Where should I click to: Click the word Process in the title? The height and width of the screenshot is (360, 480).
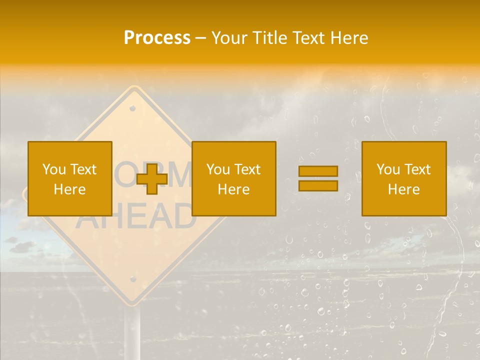(157, 38)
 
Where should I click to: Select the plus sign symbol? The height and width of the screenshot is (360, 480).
(152, 179)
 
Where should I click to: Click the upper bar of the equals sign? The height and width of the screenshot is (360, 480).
(318, 171)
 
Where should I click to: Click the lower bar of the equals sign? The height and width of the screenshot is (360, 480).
(318, 185)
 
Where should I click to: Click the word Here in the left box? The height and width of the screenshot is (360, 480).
(69, 189)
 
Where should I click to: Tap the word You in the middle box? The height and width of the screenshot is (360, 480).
(218, 169)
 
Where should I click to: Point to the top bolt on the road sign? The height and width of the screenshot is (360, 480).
(132, 108)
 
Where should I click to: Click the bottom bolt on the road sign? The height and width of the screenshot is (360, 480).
(132, 278)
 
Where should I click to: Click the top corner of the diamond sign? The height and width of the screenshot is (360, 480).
(133, 89)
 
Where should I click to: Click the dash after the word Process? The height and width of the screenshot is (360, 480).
(201, 38)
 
